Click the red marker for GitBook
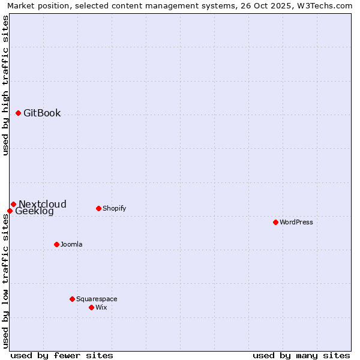coord(19,113)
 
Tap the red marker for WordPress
coord(275,222)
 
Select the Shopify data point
coord(98,208)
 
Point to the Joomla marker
coord(56,244)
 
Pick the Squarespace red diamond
coord(72,299)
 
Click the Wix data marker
coord(91,307)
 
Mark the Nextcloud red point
coord(13,204)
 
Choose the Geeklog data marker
coord(10,211)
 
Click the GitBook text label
coord(42,113)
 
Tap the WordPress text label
coord(296,222)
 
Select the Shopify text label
coord(114,208)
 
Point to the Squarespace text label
coord(97,299)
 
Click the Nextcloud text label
coord(43,204)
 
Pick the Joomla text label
coord(71,244)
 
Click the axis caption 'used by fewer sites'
coord(62,355)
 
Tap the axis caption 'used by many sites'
coord(301,355)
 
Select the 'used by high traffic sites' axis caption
coord(5,85)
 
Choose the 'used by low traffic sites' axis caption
coord(5,281)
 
